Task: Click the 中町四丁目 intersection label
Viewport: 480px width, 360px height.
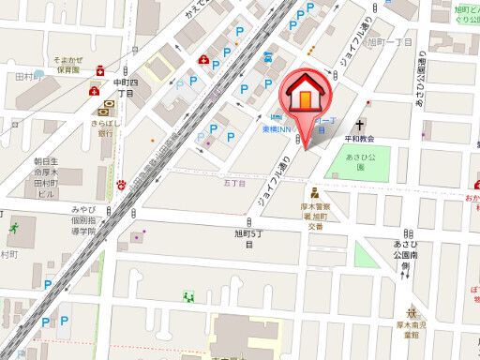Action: point(126,86)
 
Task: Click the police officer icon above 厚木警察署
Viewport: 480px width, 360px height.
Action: point(312,195)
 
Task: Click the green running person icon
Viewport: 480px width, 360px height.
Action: point(13,228)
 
